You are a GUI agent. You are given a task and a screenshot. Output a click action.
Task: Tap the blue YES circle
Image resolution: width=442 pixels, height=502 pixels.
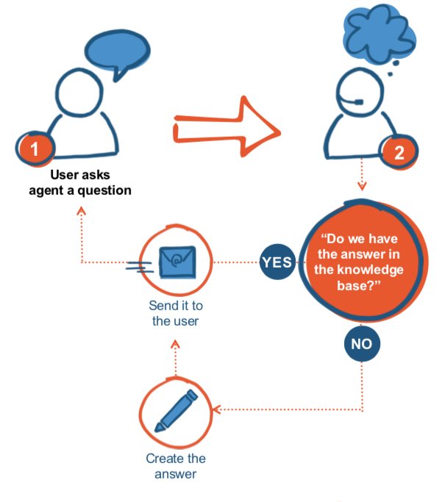pyautogui.click(x=277, y=262)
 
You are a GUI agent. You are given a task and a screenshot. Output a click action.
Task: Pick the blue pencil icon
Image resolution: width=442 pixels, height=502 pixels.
pyautogui.click(x=177, y=409)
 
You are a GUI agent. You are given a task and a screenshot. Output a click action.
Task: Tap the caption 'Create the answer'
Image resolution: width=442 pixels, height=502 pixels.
pyautogui.click(x=176, y=466)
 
